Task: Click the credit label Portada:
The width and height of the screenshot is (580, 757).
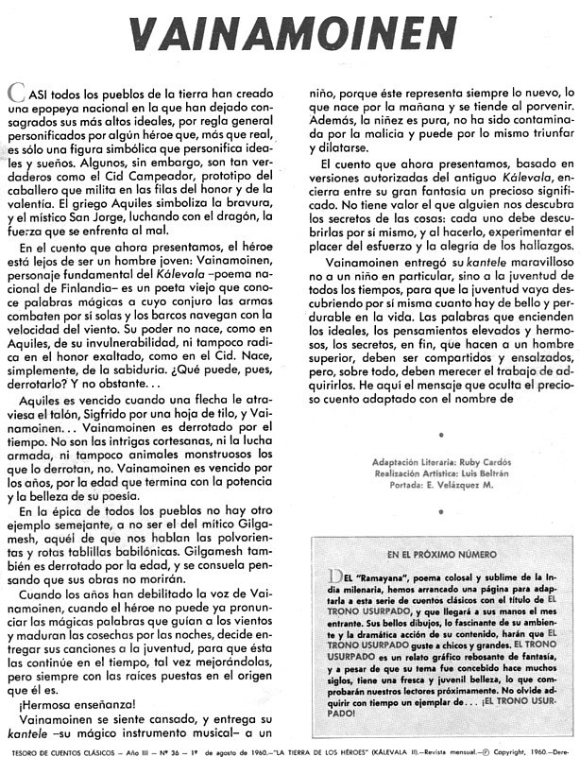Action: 407,485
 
